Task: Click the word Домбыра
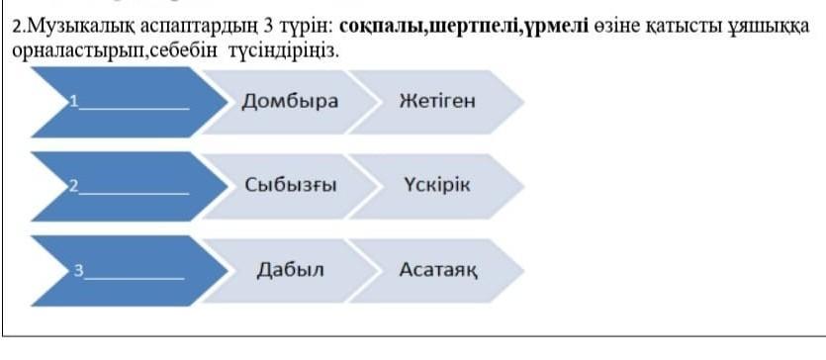(290, 101)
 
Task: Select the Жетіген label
(437, 101)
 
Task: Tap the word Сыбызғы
(290, 185)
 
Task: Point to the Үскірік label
(437, 185)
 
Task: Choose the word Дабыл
(290, 270)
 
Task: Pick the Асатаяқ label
(439, 271)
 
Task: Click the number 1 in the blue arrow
(74, 102)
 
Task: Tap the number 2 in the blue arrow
(74, 186)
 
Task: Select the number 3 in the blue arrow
(78, 271)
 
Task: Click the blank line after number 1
(134, 109)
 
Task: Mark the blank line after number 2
(134, 193)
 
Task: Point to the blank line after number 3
(135, 277)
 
